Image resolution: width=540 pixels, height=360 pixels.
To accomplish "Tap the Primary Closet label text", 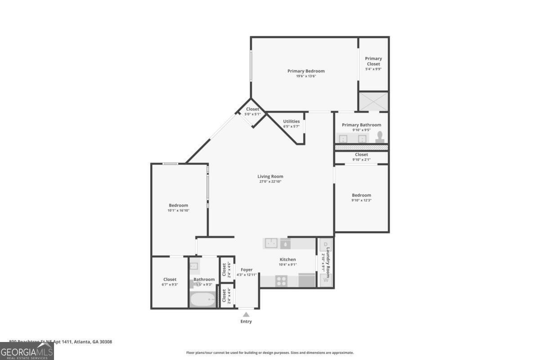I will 373,61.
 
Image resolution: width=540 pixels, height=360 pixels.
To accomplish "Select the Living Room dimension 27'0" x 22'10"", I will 270,182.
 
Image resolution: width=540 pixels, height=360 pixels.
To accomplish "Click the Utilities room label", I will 291,121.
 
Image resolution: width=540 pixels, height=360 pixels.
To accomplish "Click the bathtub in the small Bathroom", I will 202,299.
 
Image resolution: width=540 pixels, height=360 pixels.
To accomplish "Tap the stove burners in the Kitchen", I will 282,281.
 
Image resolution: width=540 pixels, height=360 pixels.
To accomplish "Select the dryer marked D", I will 325,245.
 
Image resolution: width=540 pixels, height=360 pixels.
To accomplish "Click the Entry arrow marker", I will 246,315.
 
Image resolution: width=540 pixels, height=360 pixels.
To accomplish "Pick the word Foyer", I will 247,270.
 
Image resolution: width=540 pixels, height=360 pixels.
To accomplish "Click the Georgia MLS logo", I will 27,351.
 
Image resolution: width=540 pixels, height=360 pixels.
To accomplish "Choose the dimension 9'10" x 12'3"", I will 361,201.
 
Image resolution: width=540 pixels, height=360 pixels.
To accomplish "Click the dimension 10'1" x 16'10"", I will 178,210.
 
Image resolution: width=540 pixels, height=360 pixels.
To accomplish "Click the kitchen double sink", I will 271,243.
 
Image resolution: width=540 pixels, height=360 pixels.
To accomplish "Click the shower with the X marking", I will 373,101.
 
